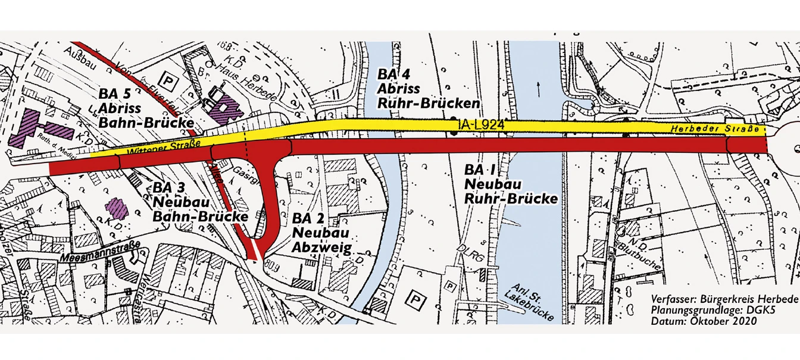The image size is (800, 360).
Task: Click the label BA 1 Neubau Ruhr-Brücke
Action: [x=511, y=183]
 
